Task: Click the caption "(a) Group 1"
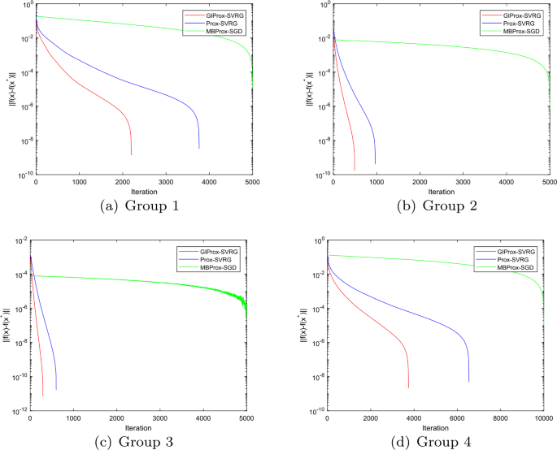(139, 206)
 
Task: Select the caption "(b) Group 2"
(437, 206)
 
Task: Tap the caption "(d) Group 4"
(437, 442)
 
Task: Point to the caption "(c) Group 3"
(139, 442)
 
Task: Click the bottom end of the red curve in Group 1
(131, 154)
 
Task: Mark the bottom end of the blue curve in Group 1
(199, 149)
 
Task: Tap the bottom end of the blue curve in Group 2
(375, 165)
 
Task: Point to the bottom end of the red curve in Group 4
(409, 387)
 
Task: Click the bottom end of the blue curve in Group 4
(469, 382)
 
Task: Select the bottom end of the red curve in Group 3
(42, 396)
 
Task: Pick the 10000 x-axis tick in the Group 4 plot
(544, 418)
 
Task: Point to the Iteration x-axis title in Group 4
(437, 426)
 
